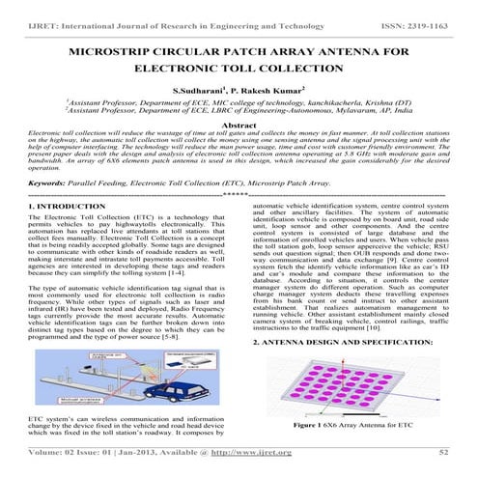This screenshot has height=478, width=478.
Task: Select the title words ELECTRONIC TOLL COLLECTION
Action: (238, 70)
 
